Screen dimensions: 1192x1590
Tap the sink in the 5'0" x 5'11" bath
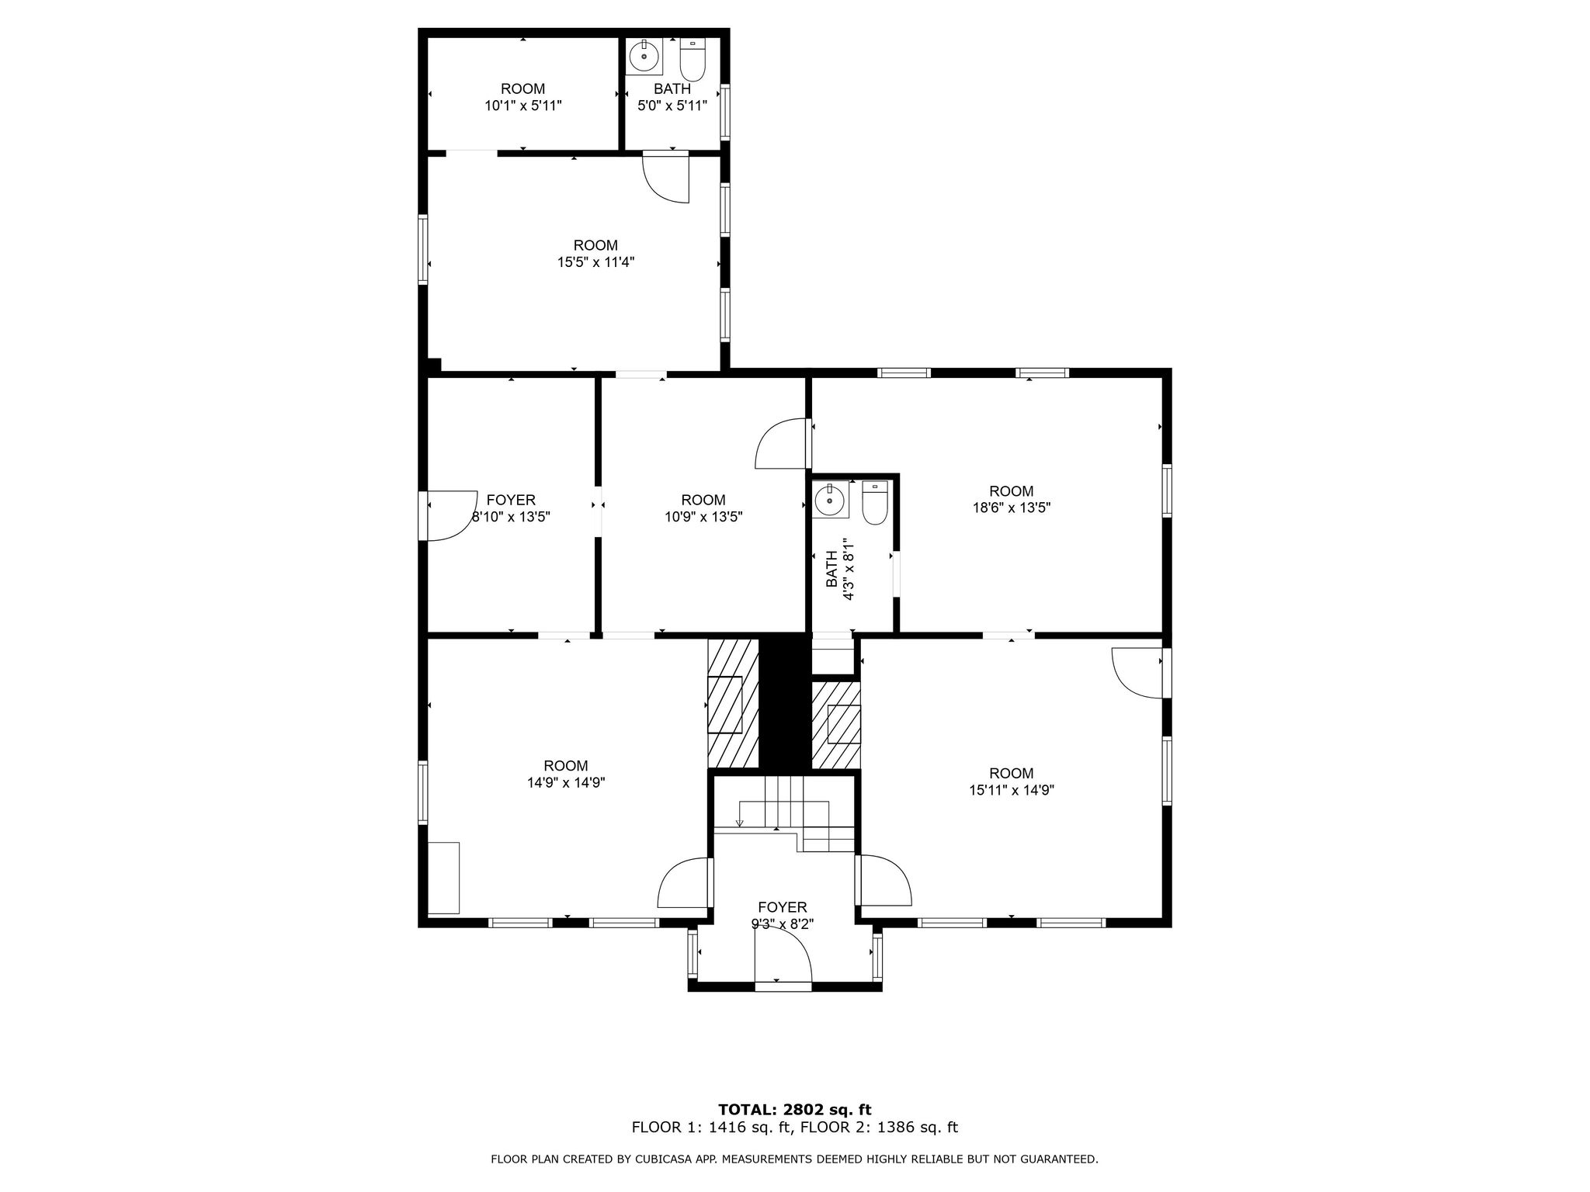pos(644,57)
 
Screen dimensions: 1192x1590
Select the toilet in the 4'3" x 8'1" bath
pos(875,503)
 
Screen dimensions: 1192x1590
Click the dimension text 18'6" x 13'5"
pos(1011,508)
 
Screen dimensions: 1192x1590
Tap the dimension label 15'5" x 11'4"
pos(595,262)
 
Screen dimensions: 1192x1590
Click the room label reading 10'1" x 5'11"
pos(522,106)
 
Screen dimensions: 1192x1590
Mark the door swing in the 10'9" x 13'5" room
pos(781,444)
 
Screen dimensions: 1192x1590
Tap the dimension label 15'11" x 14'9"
pos(1011,791)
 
